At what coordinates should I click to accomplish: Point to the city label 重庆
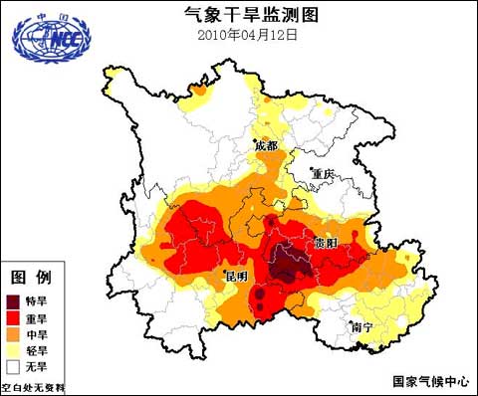[325, 173]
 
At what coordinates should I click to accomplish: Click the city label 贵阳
[325, 242]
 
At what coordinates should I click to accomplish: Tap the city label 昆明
[235, 275]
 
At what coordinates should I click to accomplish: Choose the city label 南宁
[361, 326]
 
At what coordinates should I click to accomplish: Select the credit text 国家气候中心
[426, 380]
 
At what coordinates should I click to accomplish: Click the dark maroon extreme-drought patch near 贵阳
[289, 261]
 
